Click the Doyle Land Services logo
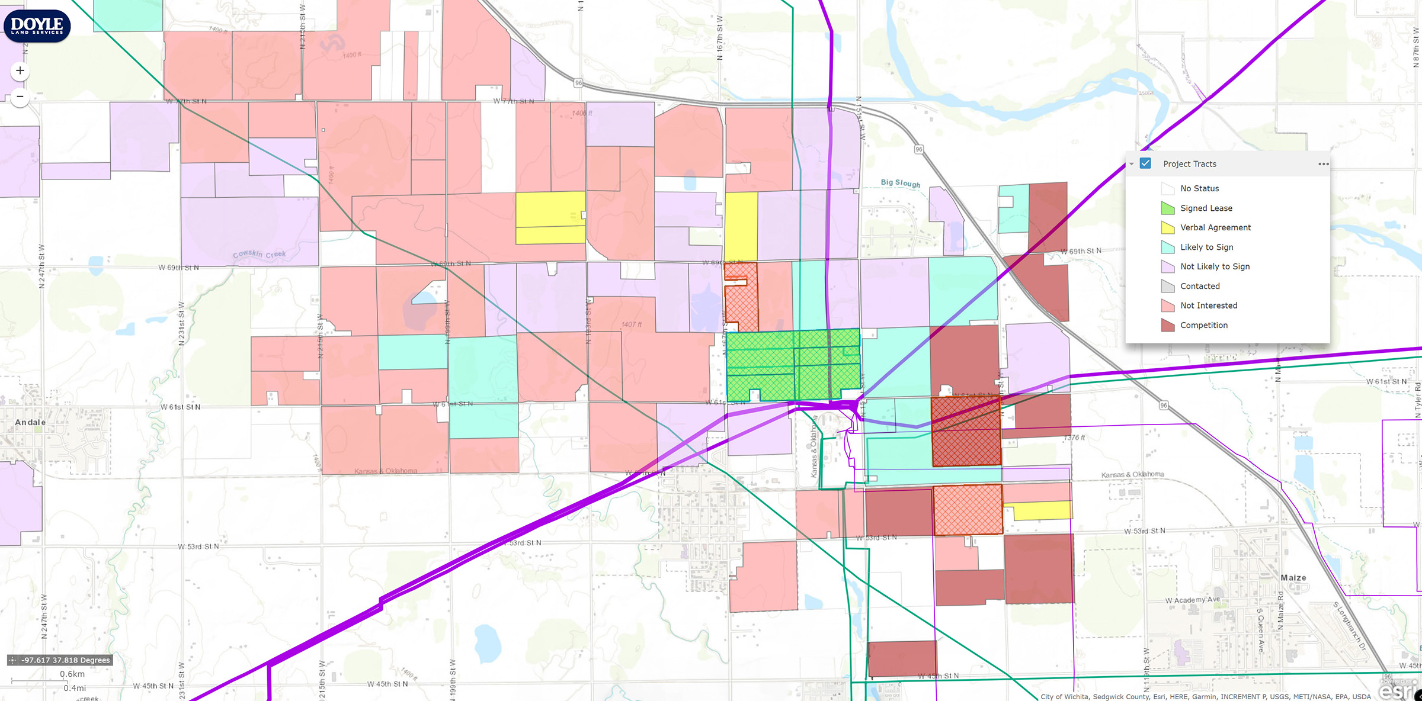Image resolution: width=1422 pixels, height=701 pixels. click(37, 26)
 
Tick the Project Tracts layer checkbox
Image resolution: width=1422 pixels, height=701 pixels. click(1145, 163)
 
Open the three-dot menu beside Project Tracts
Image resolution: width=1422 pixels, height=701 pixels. click(1323, 164)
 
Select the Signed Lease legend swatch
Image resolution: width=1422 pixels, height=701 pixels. click(1167, 208)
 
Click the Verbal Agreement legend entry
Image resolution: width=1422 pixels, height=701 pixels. click(1215, 227)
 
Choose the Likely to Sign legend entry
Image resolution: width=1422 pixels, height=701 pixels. click(1206, 247)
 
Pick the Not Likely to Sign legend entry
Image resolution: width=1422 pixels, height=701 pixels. click(1215, 266)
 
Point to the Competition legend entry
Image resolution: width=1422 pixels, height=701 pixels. click(1203, 325)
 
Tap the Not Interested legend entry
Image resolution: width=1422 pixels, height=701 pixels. click(1208, 306)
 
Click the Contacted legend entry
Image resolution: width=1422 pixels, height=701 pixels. click(1200, 286)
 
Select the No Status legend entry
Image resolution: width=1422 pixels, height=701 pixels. click(1199, 188)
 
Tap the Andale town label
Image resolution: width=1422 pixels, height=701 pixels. click(30, 422)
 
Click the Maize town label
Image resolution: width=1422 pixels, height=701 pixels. click(1293, 578)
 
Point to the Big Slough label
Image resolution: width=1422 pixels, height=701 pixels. click(900, 183)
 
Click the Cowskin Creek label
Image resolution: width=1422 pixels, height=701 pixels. click(259, 254)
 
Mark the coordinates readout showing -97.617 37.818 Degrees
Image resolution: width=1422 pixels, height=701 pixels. click(65, 660)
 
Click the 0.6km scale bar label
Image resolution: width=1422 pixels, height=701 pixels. click(72, 674)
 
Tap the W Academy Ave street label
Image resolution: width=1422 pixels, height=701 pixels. click(1192, 600)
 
